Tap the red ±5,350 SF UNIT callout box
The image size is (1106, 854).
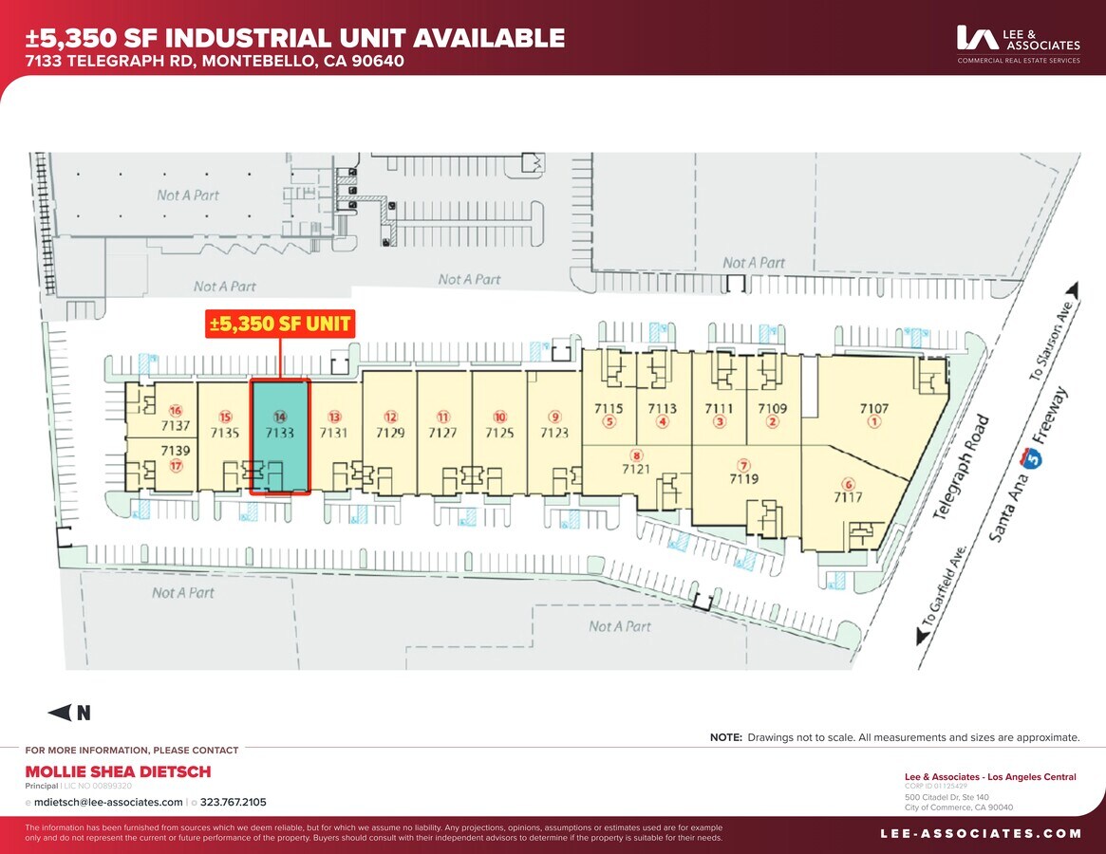(x=280, y=324)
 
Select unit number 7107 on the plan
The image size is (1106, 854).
(x=874, y=409)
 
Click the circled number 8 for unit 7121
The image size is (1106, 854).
(x=636, y=455)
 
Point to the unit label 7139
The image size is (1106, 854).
(x=175, y=451)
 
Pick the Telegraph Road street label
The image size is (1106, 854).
(x=961, y=466)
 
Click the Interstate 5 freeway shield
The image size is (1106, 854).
(x=1033, y=458)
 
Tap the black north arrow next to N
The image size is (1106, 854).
(x=60, y=713)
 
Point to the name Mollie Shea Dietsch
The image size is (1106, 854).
(x=118, y=771)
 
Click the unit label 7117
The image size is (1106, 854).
(x=848, y=496)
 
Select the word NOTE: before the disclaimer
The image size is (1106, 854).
(x=726, y=737)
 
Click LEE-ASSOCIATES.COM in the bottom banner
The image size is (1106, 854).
(x=981, y=833)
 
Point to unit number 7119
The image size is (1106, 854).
(x=744, y=479)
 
